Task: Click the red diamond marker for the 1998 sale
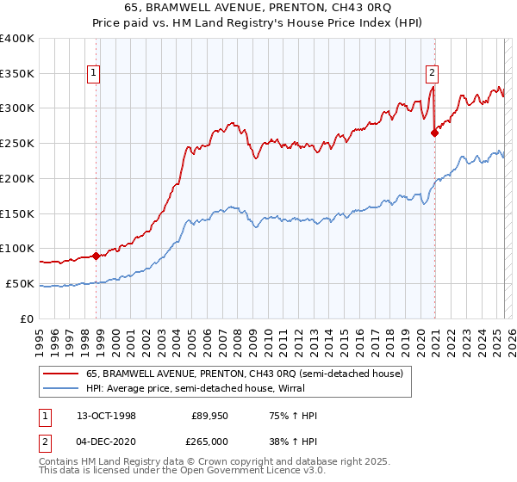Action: [x=96, y=255]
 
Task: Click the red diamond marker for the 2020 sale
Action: [x=434, y=133]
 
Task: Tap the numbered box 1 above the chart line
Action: [x=93, y=74]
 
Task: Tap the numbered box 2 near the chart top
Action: [x=432, y=74]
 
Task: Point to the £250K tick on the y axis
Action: [x=17, y=143]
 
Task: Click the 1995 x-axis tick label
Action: [x=39, y=338]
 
